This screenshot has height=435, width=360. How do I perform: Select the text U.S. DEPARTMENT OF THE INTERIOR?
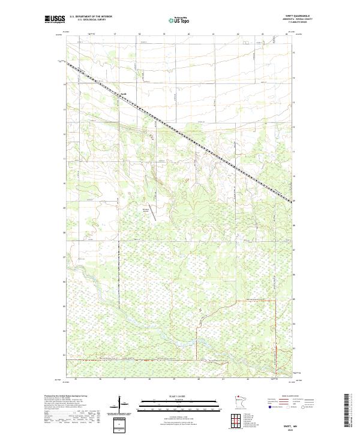(x=90, y=17)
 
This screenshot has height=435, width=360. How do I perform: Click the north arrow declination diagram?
(x=121, y=403)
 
